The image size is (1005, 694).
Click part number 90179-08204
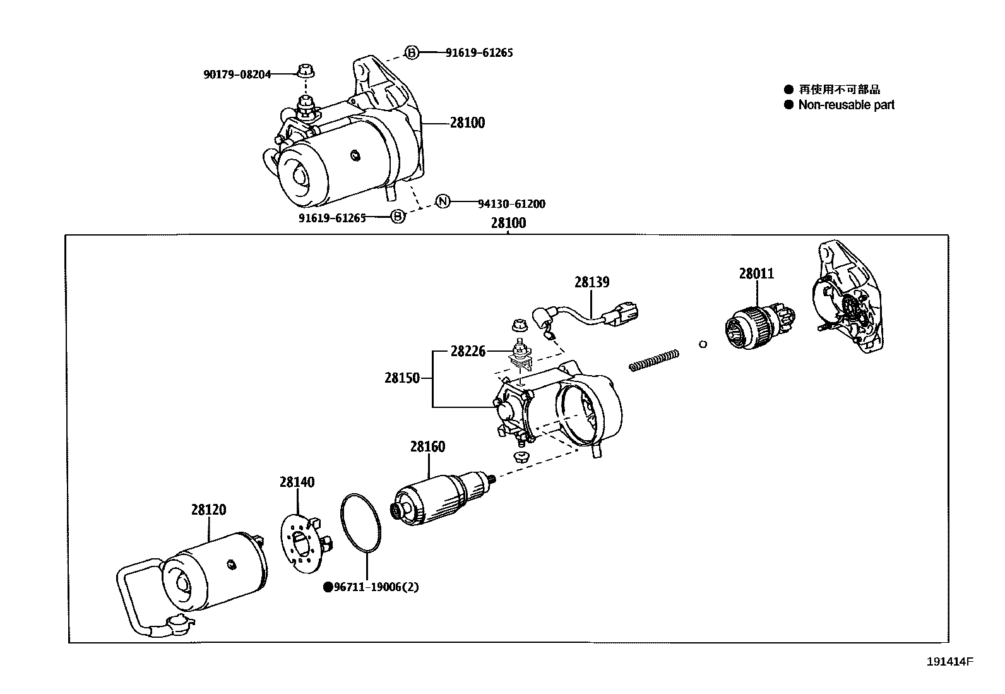(237, 75)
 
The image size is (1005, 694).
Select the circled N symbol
(443, 201)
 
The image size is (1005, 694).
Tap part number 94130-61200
(511, 204)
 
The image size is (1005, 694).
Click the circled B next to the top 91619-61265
(411, 52)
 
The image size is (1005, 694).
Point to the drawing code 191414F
(950, 662)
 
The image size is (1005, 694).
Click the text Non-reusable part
(846, 105)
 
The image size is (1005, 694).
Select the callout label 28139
(592, 282)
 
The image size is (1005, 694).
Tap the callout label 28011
(756, 273)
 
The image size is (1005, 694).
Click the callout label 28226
(468, 351)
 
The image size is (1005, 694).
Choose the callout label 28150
(402, 378)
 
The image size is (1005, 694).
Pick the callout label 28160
(427, 446)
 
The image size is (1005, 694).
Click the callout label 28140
(297, 482)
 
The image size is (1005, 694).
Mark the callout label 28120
(208, 510)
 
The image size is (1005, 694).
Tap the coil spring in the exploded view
(654, 361)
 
